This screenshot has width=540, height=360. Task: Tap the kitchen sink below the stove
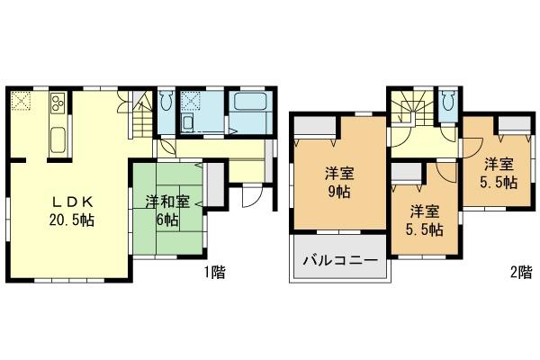click(57, 139)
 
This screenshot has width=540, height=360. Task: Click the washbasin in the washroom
click(188, 122)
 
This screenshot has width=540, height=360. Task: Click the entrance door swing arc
click(252, 200)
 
